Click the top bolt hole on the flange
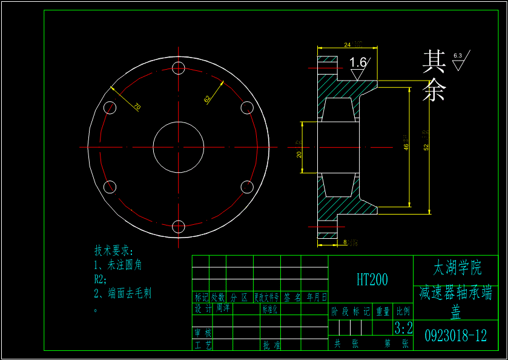[x=178, y=67]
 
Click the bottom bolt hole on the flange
[x=178, y=227]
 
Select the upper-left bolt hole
[x=110, y=108]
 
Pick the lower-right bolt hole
[x=247, y=187]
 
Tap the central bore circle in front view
[x=178, y=147]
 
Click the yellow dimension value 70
[x=137, y=107]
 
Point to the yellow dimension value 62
[x=207, y=98]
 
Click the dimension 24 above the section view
[x=347, y=45]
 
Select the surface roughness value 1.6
[x=358, y=62]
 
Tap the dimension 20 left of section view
[x=299, y=154]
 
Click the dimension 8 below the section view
[x=345, y=242]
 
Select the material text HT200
[x=372, y=279]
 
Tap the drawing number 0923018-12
[x=455, y=336]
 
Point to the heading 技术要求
[x=113, y=250]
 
